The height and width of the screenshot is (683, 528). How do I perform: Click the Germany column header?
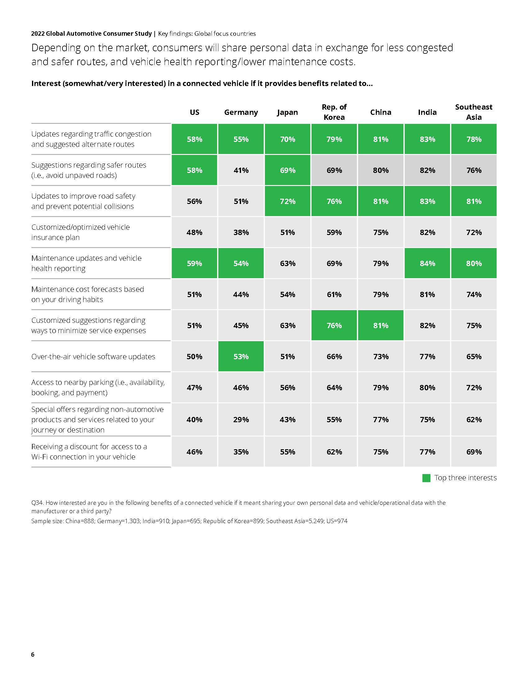pyautogui.click(x=241, y=112)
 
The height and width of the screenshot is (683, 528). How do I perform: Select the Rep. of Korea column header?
pyautogui.click(x=334, y=112)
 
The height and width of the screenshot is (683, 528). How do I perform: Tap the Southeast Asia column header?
pyautogui.click(x=474, y=112)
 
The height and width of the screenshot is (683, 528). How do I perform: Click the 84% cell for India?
pyautogui.click(x=427, y=263)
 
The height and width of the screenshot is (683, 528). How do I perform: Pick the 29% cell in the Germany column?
pyautogui.click(x=241, y=419)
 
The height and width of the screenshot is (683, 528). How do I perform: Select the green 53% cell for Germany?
pyautogui.click(x=241, y=356)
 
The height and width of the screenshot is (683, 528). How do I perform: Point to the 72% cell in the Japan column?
pyautogui.click(x=288, y=201)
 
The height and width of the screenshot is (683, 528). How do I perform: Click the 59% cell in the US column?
pyautogui.click(x=194, y=263)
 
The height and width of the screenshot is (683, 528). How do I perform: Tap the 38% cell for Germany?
pyautogui.click(x=241, y=232)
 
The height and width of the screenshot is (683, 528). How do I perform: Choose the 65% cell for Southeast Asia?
pyautogui.click(x=474, y=356)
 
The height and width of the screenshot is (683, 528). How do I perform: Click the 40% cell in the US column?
pyautogui.click(x=194, y=419)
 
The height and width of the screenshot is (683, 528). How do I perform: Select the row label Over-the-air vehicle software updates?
pyautogui.click(x=93, y=356)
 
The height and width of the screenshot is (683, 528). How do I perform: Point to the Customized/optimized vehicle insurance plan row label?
pyautogui.click(x=80, y=232)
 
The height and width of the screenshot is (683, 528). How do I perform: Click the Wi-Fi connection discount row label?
pyautogui.click(x=89, y=452)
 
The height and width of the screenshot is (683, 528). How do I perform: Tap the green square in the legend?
pyautogui.click(x=426, y=478)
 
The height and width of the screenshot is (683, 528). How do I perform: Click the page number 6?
pyautogui.click(x=33, y=654)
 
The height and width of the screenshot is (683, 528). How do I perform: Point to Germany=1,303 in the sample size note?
pyautogui.click(x=118, y=521)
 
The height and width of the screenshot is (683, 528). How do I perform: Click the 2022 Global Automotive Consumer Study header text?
pyautogui.click(x=91, y=34)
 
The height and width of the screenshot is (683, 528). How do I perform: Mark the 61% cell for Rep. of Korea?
pyautogui.click(x=334, y=294)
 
